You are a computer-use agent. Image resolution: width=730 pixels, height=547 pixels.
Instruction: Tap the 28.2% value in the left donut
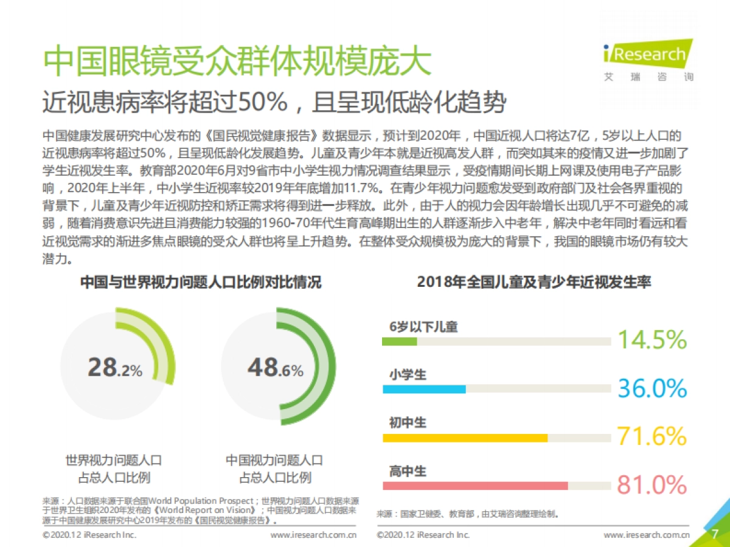click(115, 368)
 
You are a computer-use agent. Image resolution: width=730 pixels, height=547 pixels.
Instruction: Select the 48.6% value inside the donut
click(275, 368)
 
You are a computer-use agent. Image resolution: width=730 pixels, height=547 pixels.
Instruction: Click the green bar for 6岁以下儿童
click(400, 342)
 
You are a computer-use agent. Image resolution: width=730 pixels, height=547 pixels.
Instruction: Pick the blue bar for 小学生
click(424, 389)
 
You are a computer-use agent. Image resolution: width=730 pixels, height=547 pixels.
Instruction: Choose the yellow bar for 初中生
click(465, 438)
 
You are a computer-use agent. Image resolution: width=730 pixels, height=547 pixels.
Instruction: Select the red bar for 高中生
click(475, 486)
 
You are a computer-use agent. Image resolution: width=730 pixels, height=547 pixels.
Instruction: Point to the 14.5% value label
click(652, 340)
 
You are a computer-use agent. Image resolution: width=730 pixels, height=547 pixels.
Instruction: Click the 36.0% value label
click(652, 388)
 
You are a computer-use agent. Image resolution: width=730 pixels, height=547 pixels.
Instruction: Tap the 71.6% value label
click(652, 436)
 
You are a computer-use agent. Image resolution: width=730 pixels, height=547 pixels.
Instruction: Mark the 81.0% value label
click(652, 485)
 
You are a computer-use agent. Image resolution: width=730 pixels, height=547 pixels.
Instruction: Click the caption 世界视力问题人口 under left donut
click(114, 460)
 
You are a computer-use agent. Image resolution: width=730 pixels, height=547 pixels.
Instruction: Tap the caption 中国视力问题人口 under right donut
click(274, 460)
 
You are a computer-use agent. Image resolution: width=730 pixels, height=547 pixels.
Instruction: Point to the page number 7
click(715, 534)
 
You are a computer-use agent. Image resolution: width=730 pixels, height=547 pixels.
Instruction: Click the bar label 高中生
click(408, 471)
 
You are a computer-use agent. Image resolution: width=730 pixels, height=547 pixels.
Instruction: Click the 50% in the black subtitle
click(265, 103)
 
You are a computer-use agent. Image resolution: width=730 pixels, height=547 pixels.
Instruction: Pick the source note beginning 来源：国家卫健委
click(467, 514)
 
